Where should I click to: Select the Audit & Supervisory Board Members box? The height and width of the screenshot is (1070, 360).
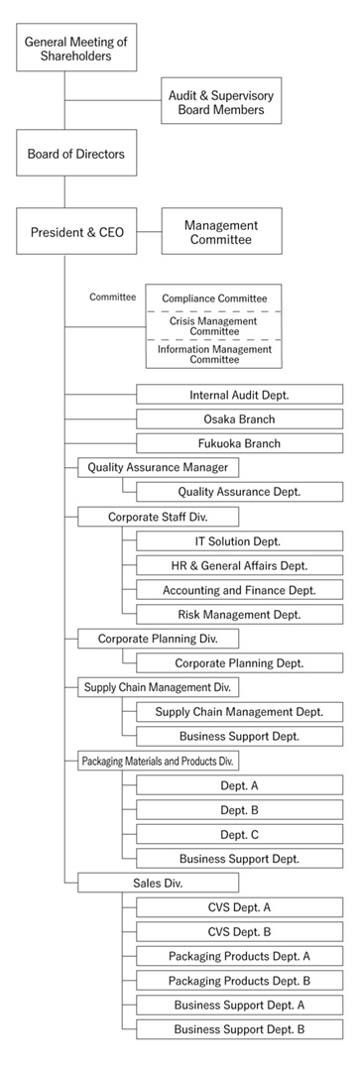221,102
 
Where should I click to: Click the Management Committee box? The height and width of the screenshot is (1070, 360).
221,232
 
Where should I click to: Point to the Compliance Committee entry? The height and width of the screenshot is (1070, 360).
214,297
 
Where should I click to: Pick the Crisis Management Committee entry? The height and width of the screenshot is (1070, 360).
214,325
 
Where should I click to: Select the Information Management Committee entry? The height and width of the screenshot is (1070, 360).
214,353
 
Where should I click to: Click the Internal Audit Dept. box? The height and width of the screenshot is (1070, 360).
239,394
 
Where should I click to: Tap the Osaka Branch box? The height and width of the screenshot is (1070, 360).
239,418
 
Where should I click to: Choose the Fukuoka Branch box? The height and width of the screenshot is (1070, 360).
239,443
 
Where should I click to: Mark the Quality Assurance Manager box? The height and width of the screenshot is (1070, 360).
158,467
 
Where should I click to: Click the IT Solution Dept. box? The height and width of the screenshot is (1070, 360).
239,540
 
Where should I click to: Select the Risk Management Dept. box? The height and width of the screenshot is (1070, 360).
239,614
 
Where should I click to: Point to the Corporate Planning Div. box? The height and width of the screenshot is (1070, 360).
158,639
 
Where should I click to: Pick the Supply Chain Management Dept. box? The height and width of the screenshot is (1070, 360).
239,711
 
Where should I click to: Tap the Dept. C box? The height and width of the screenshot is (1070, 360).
239,834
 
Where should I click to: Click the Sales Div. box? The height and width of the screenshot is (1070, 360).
158,882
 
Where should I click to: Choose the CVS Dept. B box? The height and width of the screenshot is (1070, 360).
239,931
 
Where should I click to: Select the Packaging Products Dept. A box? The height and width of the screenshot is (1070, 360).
239,956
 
